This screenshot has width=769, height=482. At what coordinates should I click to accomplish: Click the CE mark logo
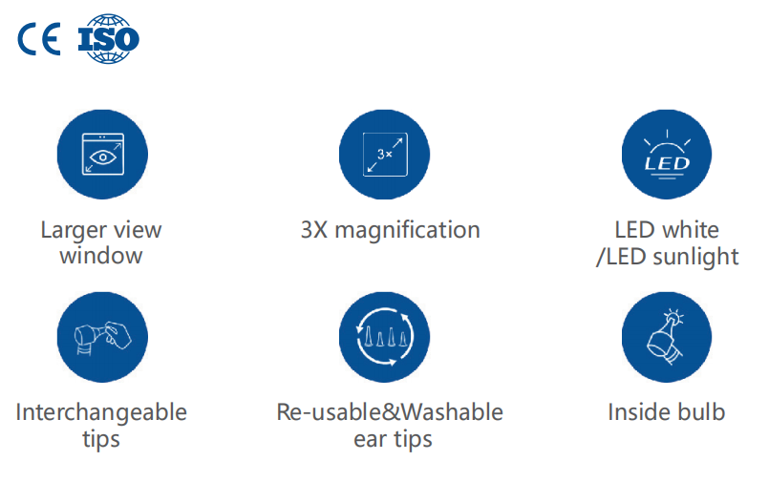(39, 39)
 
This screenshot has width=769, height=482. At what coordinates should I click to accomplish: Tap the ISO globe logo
(108, 39)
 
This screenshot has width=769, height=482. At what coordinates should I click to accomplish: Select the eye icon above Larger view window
(102, 155)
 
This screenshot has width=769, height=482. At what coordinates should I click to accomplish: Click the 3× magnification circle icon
(384, 155)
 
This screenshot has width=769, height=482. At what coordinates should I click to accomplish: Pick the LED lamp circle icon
(667, 155)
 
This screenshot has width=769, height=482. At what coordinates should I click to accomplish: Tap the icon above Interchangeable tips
(102, 337)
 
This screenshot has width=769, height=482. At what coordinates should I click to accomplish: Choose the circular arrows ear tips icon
(384, 337)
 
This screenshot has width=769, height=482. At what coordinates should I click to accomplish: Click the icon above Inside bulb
(667, 337)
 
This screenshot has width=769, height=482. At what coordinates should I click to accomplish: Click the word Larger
(74, 231)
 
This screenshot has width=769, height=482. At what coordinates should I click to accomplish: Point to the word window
(101, 256)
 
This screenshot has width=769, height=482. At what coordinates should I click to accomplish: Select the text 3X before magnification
(314, 230)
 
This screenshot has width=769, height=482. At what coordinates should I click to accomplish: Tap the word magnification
(408, 230)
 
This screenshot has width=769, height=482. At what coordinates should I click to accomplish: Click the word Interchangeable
(101, 412)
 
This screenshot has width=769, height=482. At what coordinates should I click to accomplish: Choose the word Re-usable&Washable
(390, 412)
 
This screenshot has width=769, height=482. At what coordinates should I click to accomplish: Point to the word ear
(371, 439)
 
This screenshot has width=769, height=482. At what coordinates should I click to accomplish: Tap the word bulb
(701, 412)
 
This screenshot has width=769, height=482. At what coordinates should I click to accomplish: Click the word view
(138, 230)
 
